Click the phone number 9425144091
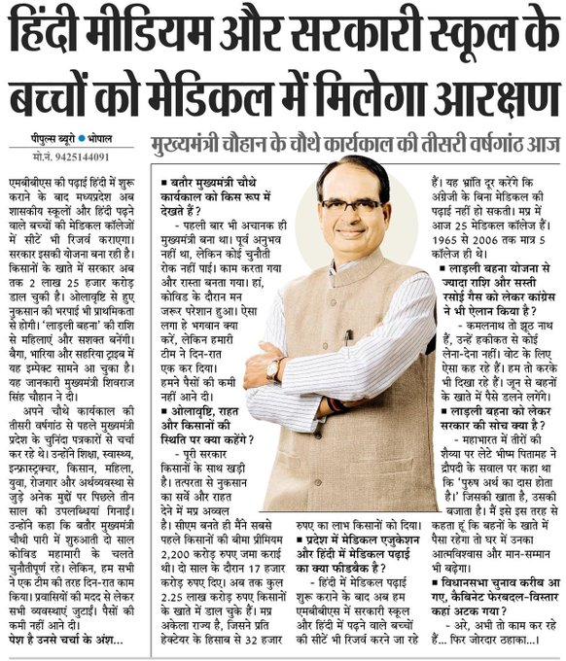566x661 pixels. point(69,156)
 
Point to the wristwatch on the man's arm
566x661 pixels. point(274,368)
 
